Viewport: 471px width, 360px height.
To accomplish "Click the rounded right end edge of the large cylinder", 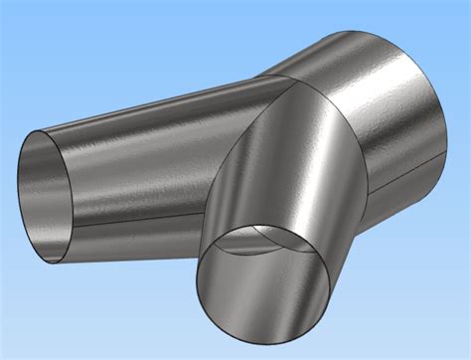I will pos(447,99).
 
